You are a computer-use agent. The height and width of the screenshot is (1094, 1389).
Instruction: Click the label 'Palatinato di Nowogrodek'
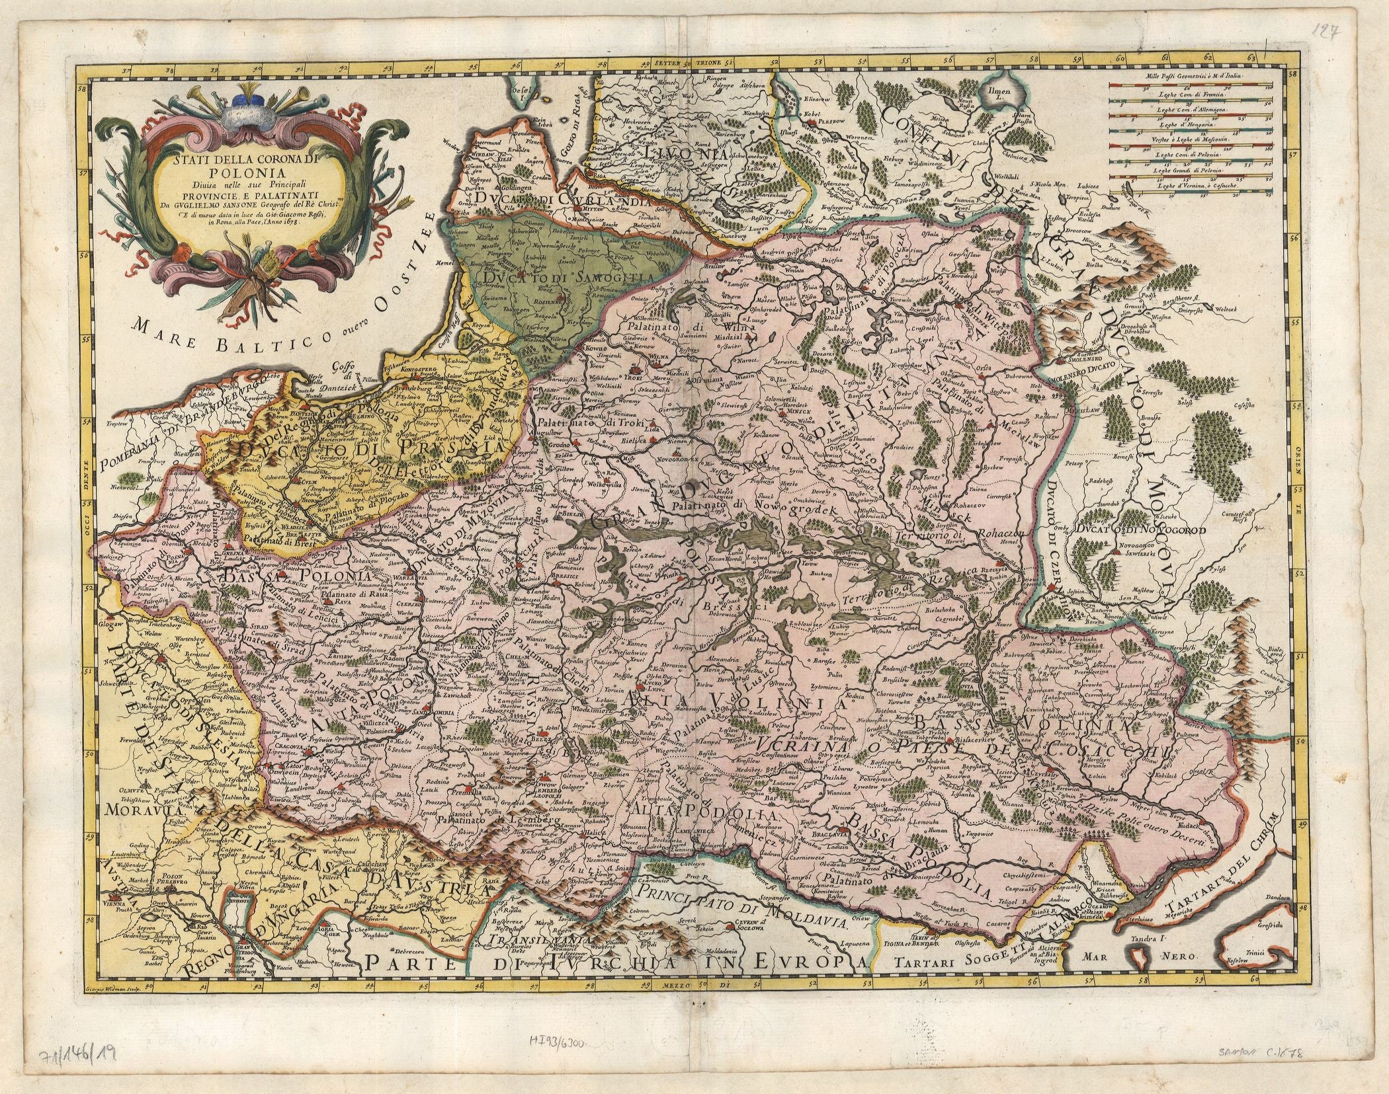(752, 509)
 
